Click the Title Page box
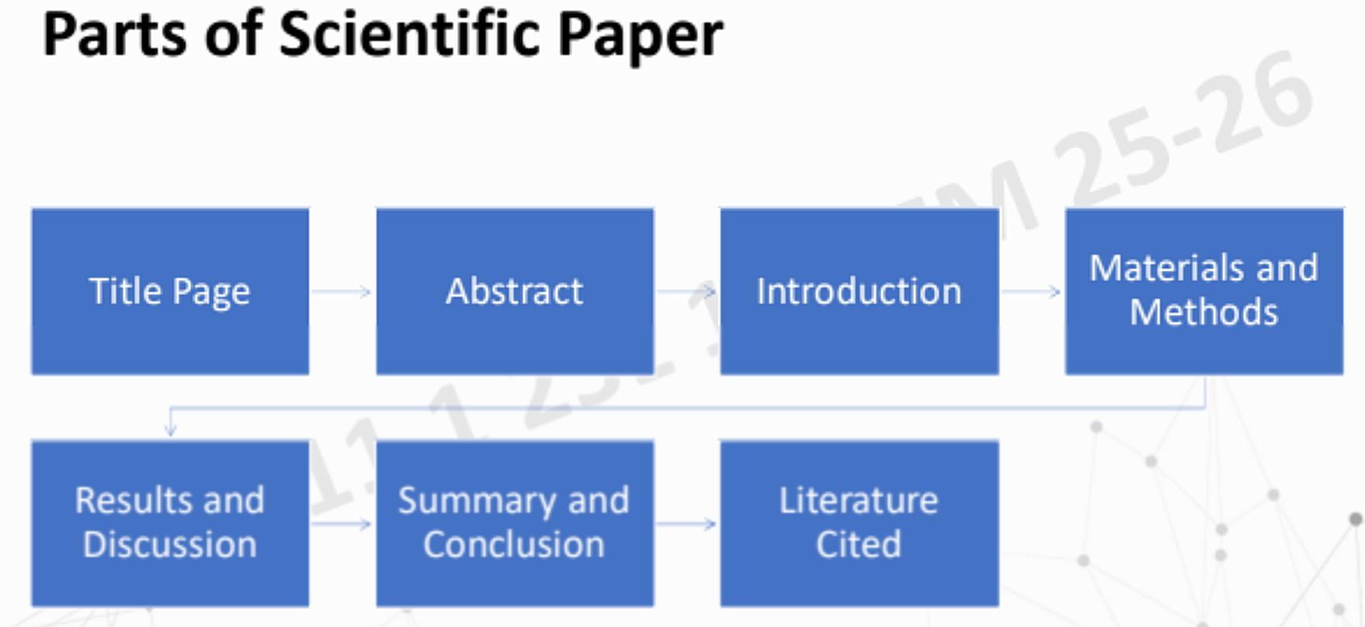[170, 291]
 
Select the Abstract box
[515, 291]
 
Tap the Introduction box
[859, 291]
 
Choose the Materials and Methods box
[1203, 291]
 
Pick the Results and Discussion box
[170, 522]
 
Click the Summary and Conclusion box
[515, 522]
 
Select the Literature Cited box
[859, 522]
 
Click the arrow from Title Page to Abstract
[342, 292]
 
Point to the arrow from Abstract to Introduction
[686, 292]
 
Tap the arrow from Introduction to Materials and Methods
[1031, 292]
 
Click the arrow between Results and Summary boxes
[342, 524]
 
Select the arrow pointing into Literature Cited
[686, 524]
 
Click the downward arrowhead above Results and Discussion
[171, 428]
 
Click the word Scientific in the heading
[410, 35]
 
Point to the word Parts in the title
[115, 35]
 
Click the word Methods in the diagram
[1203, 313]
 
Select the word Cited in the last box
[859, 544]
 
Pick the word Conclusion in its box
[514, 544]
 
